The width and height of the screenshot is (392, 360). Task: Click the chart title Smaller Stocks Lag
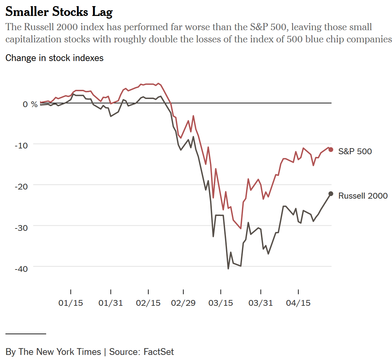[59, 12]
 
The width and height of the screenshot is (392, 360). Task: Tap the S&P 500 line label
[355, 151]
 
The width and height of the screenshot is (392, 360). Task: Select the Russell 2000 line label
[363, 196]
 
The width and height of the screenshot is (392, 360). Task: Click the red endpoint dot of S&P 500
[331, 149]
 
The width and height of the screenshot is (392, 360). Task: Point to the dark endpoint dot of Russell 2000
[331, 194]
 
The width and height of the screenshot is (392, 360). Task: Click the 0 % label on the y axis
[30, 104]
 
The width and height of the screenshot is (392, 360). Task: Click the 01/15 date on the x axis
[71, 303]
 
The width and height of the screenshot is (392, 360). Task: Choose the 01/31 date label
[111, 303]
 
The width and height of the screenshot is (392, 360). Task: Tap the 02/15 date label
[148, 303]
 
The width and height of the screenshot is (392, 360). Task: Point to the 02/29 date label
[183, 303]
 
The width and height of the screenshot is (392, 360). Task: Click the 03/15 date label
[221, 303]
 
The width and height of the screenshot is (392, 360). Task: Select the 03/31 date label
[261, 303]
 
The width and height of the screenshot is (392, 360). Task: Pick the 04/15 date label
[298, 303]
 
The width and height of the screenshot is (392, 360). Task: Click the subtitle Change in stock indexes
[54, 58]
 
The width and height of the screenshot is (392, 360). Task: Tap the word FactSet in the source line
[158, 352]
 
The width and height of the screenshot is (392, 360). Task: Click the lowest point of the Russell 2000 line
[228, 269]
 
